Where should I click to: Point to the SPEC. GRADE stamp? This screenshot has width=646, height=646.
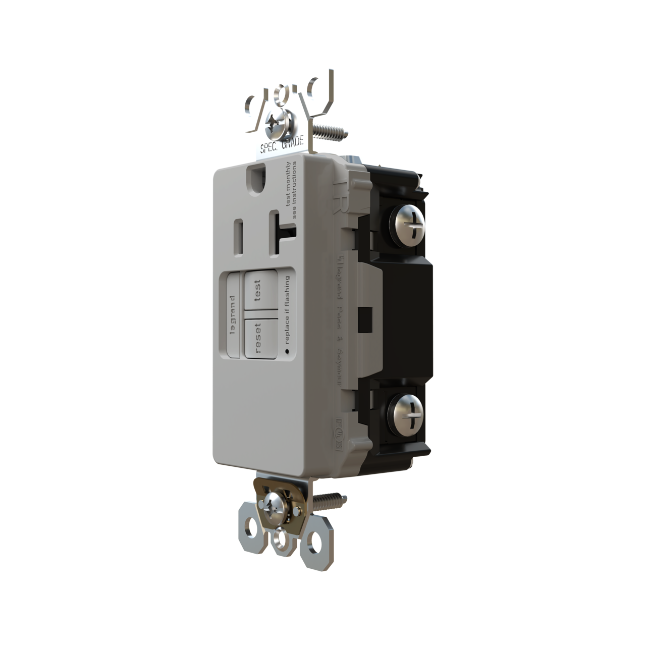tap(281, 145)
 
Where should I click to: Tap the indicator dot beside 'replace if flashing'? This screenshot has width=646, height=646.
tap(286, 349)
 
